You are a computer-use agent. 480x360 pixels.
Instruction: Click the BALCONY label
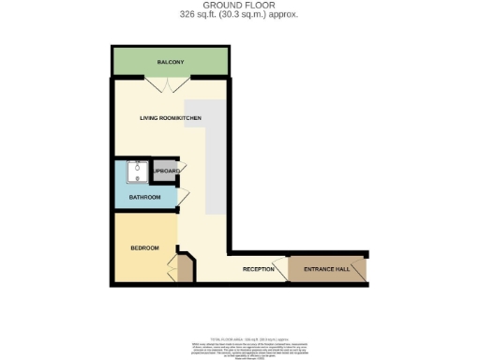tap(170, 62)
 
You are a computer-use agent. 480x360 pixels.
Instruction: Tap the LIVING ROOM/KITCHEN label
tap(171, 118)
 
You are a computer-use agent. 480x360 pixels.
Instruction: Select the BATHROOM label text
tap(144, 197)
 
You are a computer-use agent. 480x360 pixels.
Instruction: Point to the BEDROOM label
tap(143, 247)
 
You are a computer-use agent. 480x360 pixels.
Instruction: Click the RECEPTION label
tap(258, 269)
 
